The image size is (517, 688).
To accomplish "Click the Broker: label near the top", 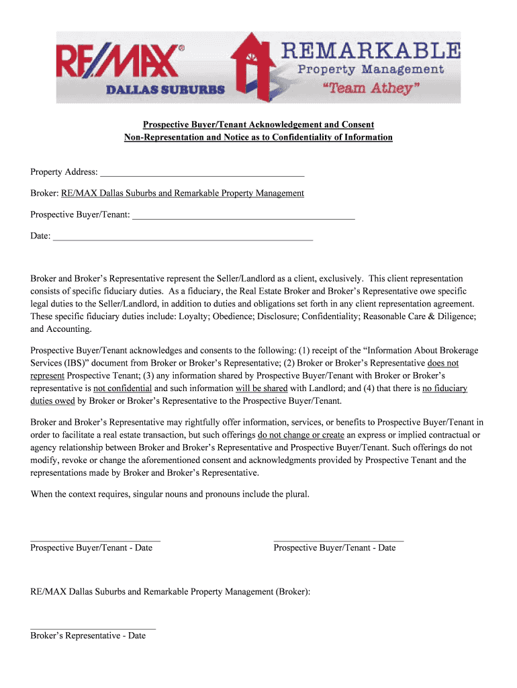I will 44,193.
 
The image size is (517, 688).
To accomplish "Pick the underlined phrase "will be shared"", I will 261,388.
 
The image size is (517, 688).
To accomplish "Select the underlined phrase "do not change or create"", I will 301,435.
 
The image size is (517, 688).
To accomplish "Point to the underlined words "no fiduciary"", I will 444,388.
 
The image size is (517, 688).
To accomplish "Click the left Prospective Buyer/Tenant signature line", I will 95,540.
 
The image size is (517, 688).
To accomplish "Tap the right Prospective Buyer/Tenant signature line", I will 338,540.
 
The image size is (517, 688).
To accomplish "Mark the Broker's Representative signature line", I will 93,628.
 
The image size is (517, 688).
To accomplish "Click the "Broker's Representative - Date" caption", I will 88,636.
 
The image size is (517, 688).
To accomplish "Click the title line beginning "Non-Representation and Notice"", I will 258,138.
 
